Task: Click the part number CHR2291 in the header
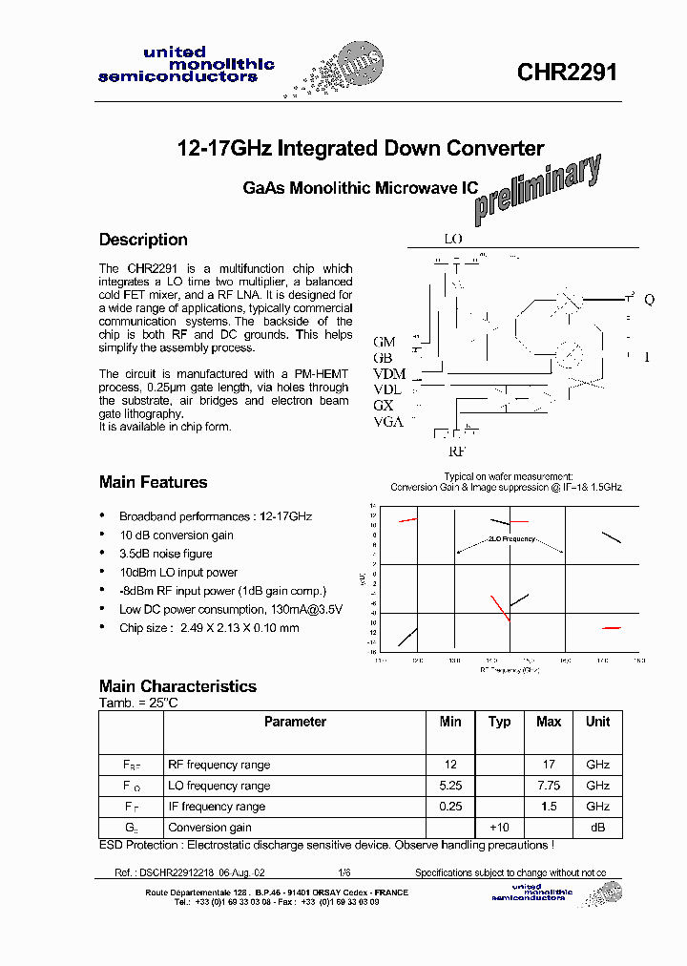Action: (567, 73)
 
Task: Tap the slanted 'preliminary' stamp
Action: (538, 185)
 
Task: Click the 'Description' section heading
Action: (143, 240)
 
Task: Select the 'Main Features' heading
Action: (153, 482)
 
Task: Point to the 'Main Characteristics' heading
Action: (177, 686)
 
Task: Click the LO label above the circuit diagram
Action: (452, 239)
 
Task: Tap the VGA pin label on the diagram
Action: (388, 422)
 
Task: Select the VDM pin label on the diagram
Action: (389, 373)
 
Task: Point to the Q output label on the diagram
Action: (650, 300)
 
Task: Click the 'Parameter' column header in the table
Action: (295, 723)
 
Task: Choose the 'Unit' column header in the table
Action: (598, 723)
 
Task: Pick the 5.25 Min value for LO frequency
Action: (450, 786)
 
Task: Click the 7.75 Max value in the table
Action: (549, 786)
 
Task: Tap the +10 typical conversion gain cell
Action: (499, 828)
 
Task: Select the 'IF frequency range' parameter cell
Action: (217, 807)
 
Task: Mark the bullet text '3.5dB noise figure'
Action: (166, 554)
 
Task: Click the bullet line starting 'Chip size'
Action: (209, 627)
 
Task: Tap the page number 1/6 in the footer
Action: (343, 873)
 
